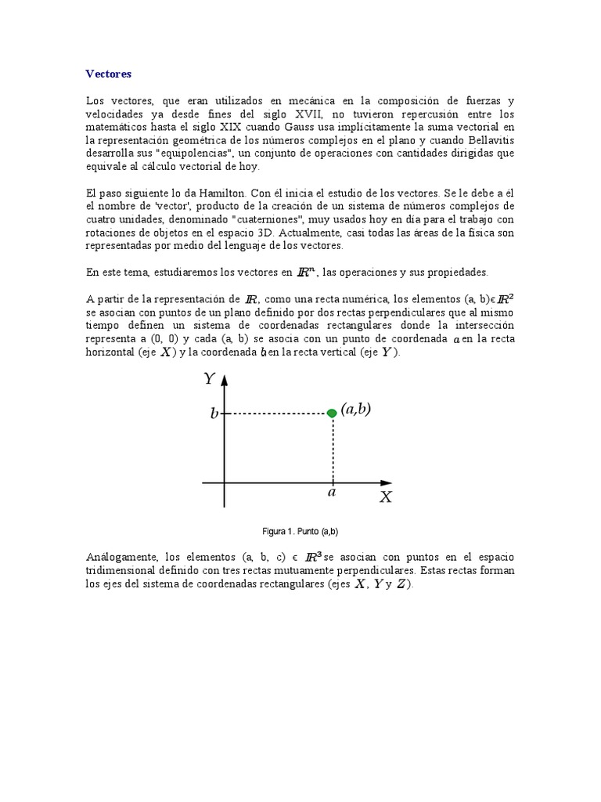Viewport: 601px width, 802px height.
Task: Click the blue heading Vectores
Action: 109,74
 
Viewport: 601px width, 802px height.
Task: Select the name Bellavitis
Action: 488,140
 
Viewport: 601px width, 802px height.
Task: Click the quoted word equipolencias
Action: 182,154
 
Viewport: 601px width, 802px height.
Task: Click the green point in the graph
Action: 332,413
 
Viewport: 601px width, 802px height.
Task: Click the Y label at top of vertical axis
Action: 209,379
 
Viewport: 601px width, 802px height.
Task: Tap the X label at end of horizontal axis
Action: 385,497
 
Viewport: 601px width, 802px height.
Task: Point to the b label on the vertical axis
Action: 214,414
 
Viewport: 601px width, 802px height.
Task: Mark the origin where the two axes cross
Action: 225,483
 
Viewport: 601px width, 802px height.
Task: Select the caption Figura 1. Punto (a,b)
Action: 300,532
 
